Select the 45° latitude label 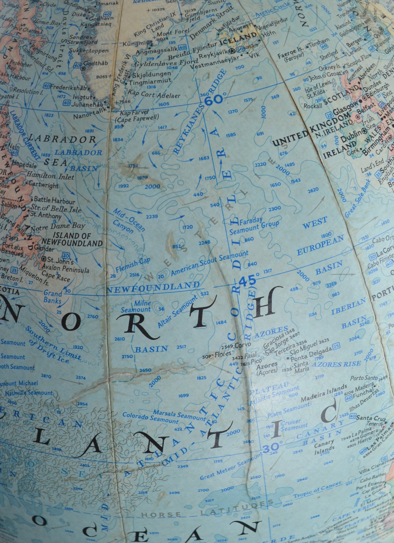[248, 281]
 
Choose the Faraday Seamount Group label [254, 226]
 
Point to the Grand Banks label [52, 297]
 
